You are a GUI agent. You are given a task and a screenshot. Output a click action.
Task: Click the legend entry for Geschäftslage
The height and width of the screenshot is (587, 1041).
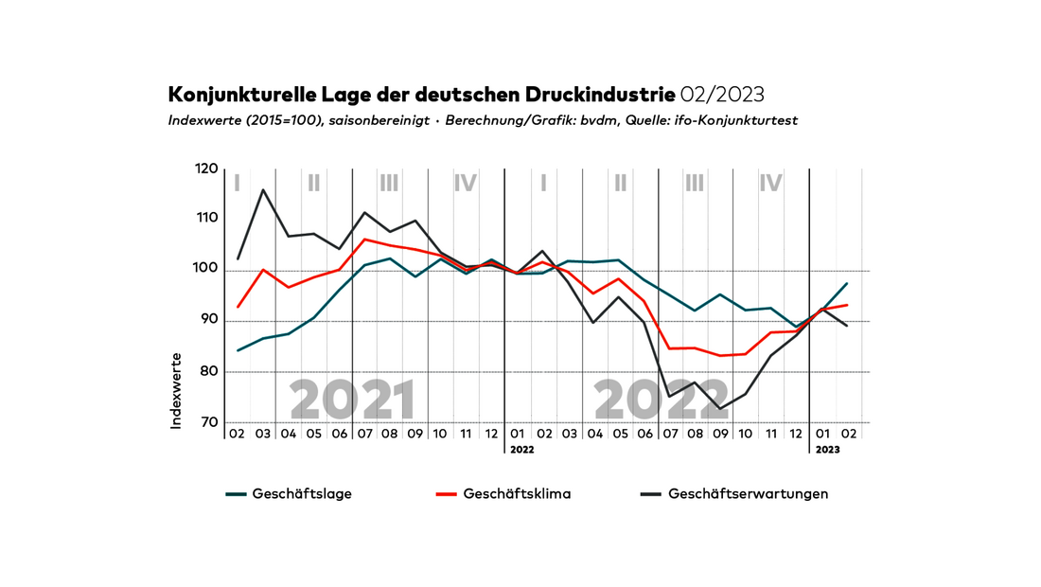[302, 494]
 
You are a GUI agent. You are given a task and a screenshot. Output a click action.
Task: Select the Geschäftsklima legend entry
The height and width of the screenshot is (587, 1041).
[516, 494]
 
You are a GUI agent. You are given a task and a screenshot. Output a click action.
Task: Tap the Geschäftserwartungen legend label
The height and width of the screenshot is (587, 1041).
[748, 494]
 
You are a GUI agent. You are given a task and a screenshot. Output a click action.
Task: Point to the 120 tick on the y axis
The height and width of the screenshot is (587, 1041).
[206, 169]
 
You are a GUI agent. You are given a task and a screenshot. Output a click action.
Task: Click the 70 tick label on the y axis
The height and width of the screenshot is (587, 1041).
[207, 422]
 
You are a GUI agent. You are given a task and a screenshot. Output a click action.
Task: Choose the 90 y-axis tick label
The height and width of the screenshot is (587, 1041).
[207, 321]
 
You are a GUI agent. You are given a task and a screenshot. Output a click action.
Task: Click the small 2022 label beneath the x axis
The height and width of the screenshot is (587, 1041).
[522, 450]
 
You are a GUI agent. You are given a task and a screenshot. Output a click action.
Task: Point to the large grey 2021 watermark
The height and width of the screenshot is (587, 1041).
[353, 400]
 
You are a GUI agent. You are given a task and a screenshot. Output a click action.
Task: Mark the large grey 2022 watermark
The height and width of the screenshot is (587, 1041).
[660, 400]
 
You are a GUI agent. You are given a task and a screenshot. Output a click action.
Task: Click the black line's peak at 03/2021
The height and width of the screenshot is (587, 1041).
[263, 190]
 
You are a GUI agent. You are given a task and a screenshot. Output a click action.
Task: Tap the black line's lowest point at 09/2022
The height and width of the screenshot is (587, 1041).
[722, 409]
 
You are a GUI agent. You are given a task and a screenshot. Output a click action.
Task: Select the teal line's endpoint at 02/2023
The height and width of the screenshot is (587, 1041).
[847, 283]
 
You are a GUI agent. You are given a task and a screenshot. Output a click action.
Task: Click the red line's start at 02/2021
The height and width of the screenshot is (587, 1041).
[238, 307]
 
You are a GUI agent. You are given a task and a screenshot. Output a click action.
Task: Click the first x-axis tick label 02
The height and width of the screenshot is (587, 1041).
[237, 433]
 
